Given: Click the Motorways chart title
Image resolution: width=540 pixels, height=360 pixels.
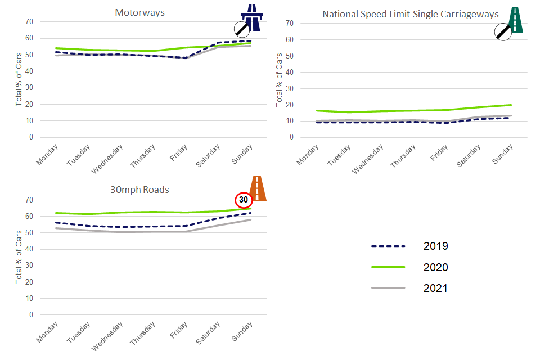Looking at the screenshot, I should pos(139,12).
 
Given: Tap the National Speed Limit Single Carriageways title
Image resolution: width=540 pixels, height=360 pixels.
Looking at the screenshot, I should pos(410,14).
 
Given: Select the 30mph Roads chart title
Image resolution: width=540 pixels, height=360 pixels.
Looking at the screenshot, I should pos(139,190).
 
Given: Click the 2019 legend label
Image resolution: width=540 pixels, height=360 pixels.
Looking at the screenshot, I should pos(435,246).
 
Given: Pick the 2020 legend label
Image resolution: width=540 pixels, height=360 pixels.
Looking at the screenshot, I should pos(435,267).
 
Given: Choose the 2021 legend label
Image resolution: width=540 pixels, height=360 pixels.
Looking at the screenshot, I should pos(435,288).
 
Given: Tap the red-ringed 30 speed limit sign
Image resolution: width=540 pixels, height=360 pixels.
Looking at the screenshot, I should pos(243,200).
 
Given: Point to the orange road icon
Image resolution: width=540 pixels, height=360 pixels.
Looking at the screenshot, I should pos(258,188).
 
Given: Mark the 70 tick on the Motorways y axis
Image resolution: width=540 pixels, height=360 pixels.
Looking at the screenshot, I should pos(29,21).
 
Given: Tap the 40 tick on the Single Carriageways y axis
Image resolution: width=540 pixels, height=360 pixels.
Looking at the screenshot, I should pos(290,72).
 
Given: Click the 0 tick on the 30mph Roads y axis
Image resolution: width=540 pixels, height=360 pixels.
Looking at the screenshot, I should pos(31,314).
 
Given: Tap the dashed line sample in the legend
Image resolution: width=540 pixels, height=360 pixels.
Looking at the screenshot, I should pos(388,246).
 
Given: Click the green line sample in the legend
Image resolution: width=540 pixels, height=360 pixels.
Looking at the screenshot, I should pos(388,267).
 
